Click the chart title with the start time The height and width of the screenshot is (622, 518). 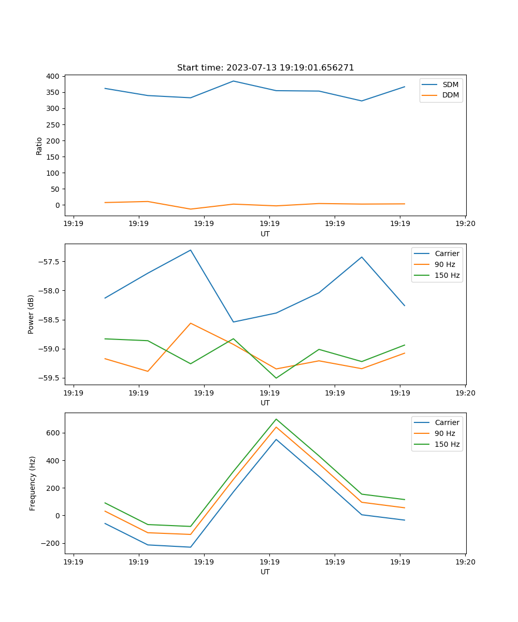(x=265, y=68)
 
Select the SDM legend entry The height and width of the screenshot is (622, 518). (x=450, y=84)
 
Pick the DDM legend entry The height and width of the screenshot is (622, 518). (x=450, y=95)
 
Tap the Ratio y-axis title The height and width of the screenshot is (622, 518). (x=39, y=146)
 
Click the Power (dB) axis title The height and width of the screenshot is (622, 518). (x=31, y=314)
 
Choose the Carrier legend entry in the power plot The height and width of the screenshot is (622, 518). (x=447, y=253)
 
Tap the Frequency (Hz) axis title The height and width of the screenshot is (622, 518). (x=32, y=483)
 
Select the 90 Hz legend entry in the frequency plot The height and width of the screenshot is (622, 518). (x=445, y=433)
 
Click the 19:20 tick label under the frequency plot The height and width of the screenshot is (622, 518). (x=465, y=562)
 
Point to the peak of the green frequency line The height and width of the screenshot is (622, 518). (x=276, y=419)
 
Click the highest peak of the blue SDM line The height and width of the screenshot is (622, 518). (x=233, y=81)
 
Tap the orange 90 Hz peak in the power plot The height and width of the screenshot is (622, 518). (x=191, y=323)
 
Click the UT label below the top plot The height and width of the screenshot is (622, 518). (x=265, y=234)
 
